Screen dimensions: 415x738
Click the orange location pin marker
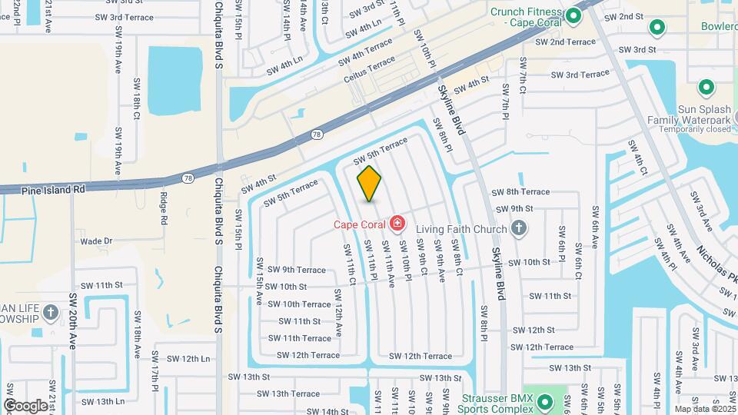(370, 183)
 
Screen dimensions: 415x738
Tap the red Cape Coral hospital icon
(397, 224)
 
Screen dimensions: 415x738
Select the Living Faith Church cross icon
(519, 228)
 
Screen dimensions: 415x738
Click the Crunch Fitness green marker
(573, 16)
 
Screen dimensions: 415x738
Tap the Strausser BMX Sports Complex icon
(545, 401)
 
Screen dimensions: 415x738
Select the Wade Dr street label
(96, 241)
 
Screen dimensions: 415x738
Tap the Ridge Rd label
(164, 208)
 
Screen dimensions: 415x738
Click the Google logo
(25, 405)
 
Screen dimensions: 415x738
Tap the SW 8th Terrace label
(520, 191)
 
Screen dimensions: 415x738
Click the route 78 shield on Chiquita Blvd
(188, 178)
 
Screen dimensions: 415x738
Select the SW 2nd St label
(623, 17)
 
